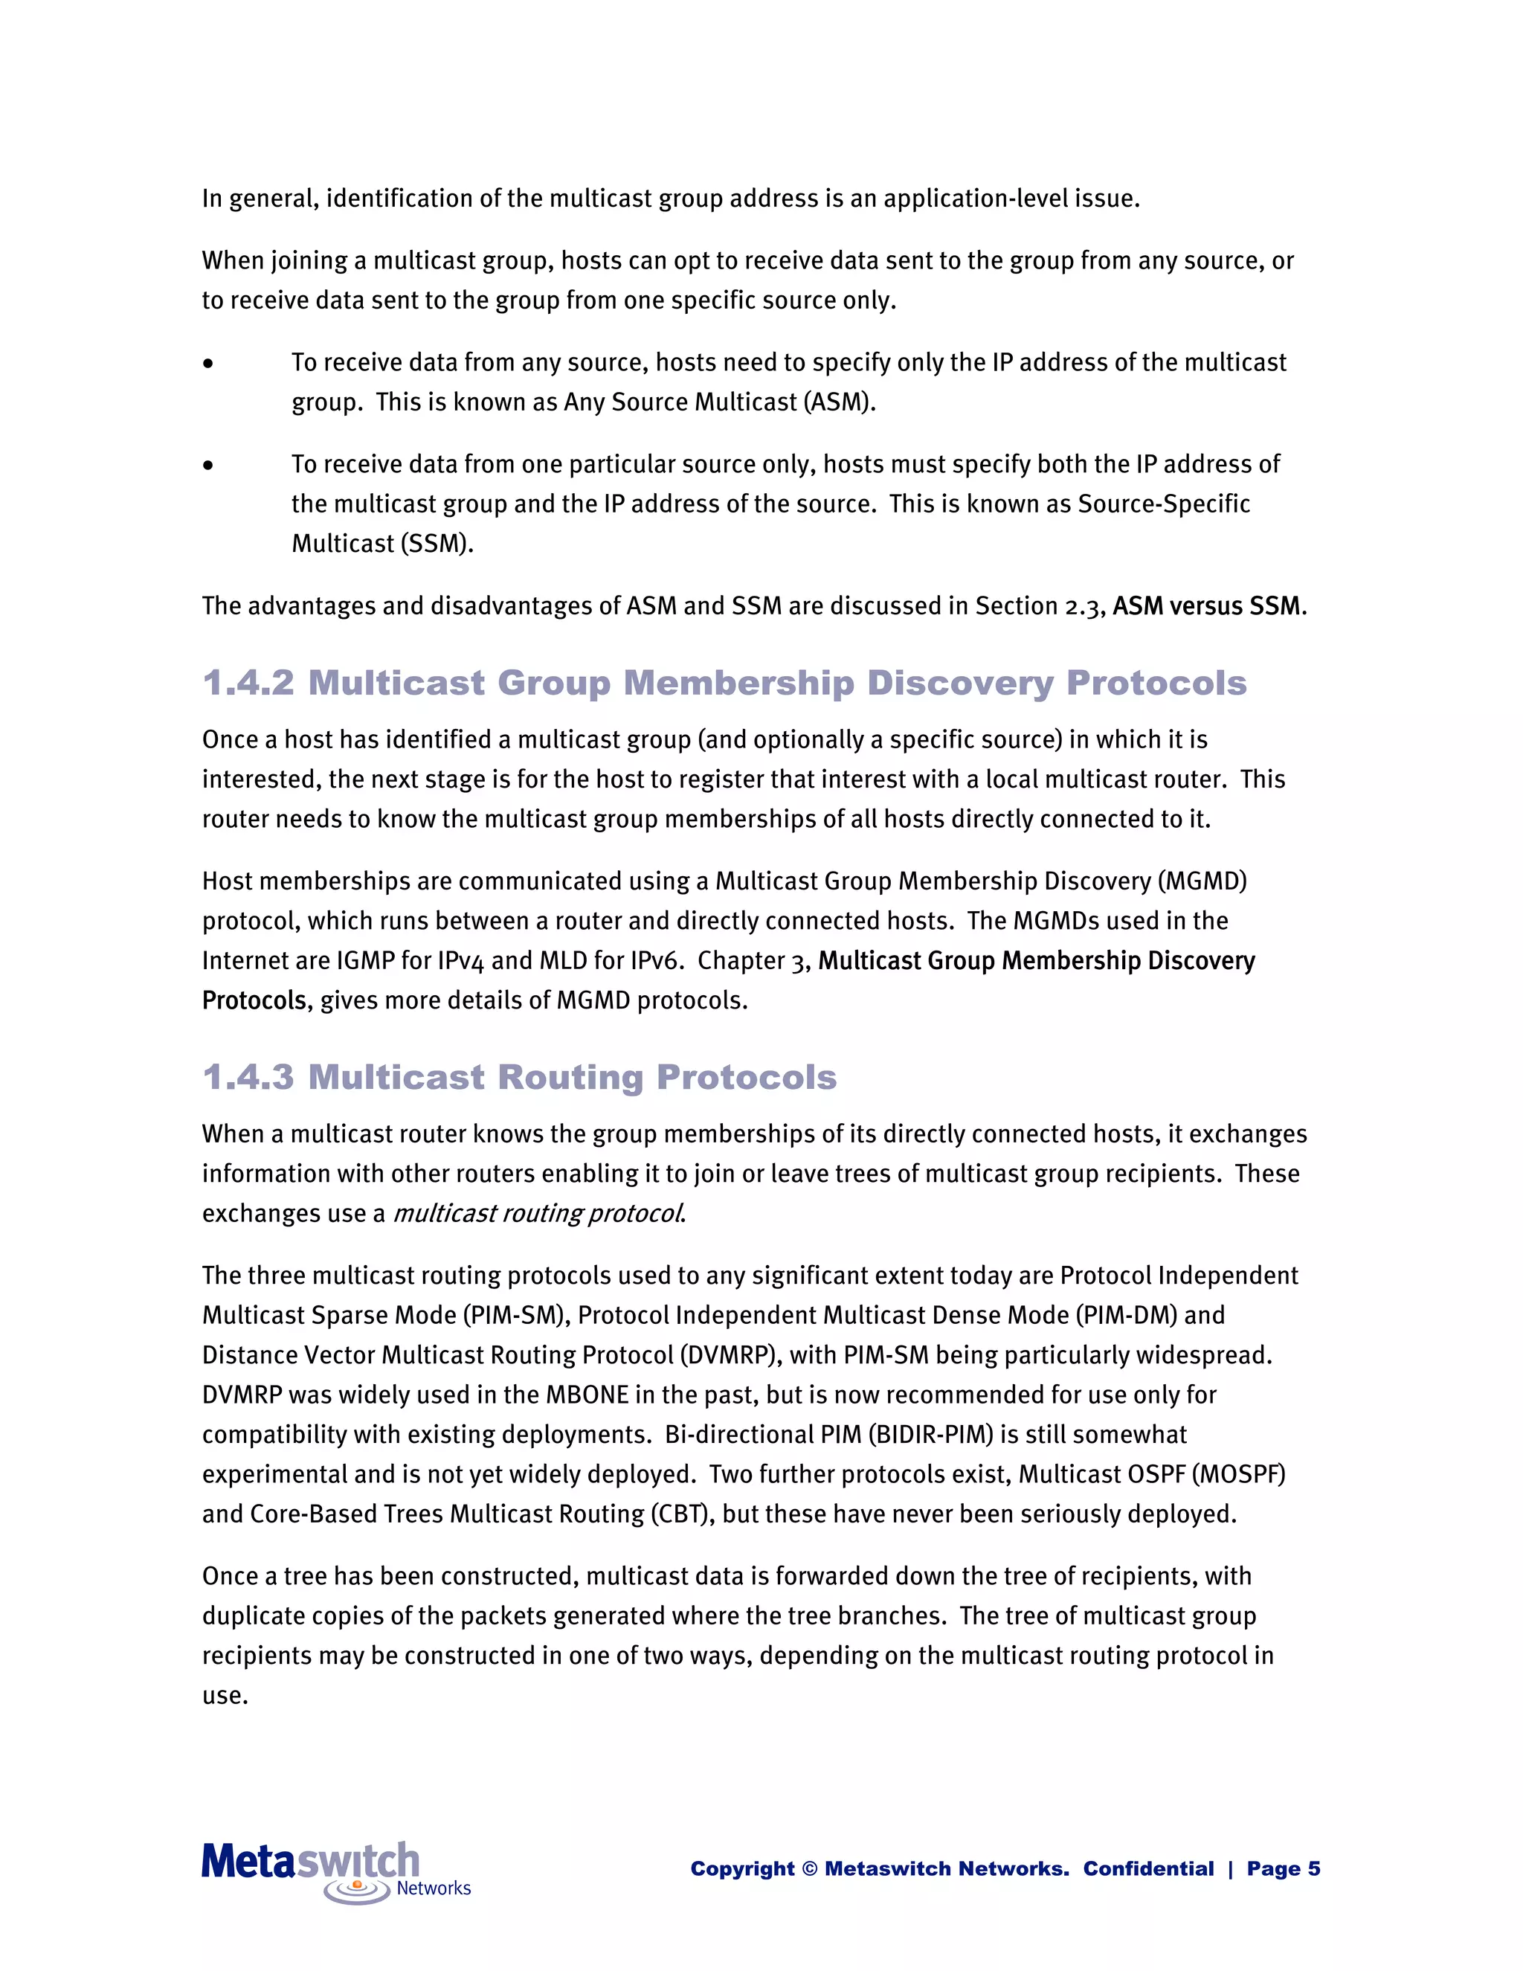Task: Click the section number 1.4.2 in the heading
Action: point(248,684)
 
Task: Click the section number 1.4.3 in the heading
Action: point(248,1078)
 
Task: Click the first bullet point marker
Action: point(208,364)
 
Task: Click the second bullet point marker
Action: point(208,466)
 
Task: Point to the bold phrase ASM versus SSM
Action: point(1206,605)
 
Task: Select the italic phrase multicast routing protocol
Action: point(538,1214)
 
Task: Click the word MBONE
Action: point(587,1395)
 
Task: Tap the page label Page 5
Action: point(1283,1869)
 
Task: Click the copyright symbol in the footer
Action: point(809,1869)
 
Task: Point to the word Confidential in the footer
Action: point(1147,1869)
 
